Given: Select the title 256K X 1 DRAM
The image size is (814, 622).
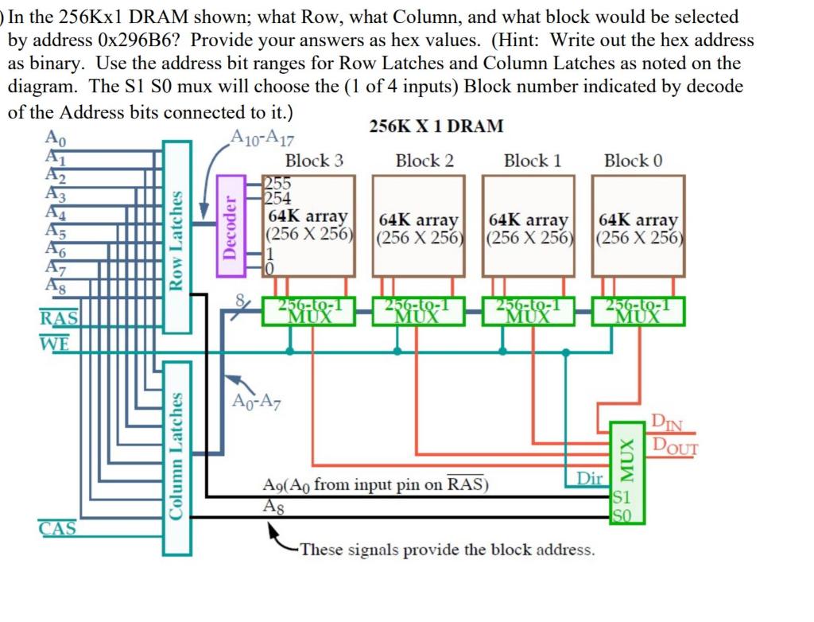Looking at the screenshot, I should coord(436,126).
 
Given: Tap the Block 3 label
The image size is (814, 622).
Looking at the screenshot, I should coord(314,161).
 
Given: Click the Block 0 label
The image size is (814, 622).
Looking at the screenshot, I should coord(633,161).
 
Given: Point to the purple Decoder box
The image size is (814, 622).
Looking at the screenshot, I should coord(230,227).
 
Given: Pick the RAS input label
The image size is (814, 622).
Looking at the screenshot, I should coord(59,318).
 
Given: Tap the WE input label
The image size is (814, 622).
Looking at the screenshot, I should coord(54,344).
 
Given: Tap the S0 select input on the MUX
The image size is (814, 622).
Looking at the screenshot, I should coord(622,515).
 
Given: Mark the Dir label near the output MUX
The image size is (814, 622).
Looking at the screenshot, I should coord(589,478).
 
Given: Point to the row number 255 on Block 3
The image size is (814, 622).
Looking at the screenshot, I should coord(277,183).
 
